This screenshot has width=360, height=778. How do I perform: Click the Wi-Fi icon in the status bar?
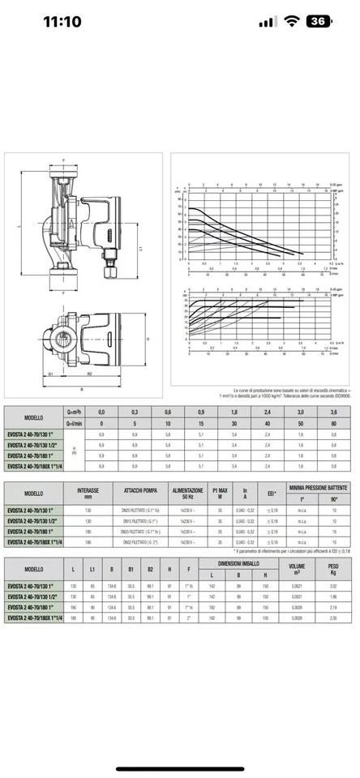(x=290, y=22)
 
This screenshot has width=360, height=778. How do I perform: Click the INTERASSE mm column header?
(x=88, y=493)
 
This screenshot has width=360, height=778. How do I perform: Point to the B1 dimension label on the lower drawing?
(x=49, y=374)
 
